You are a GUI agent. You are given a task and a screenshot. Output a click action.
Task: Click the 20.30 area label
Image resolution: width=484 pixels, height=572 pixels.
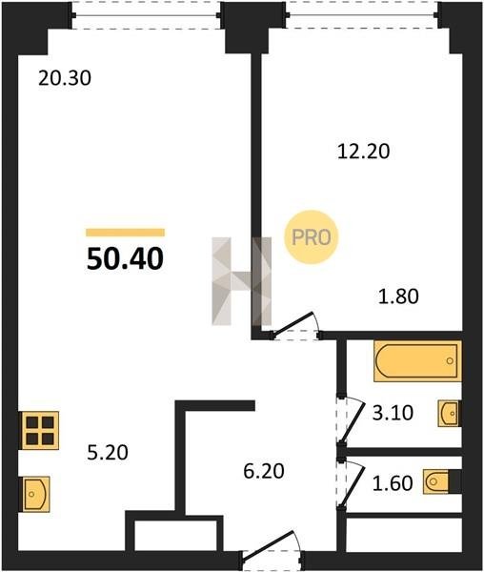(x=65, y=78)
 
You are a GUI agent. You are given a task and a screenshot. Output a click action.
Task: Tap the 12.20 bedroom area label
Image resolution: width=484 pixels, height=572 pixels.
(x=363, y=152)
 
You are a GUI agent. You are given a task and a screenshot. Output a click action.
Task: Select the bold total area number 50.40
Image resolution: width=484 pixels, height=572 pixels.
(x=125, y=258)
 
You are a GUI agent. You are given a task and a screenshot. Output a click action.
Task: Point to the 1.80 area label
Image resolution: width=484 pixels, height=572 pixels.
(x=398, y=296)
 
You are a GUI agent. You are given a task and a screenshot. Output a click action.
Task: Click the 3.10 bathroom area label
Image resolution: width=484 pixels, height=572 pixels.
(x=393, y=414)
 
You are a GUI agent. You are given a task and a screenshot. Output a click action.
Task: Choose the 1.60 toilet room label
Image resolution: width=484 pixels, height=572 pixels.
(x=393, y=483)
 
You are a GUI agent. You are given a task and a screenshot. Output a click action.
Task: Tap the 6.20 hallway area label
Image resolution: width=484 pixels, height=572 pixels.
(x=264, y=471)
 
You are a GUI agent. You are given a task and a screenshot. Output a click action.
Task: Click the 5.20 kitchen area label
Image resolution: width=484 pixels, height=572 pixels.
(x=108, y=453)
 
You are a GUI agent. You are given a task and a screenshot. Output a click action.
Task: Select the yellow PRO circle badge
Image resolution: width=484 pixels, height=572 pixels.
(x=312, y=237)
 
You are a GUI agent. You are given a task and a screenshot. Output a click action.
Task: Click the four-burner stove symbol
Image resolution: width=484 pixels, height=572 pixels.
(x=39, y=431)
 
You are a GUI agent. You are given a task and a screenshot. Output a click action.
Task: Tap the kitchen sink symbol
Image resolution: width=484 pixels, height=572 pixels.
(x=34, y=494)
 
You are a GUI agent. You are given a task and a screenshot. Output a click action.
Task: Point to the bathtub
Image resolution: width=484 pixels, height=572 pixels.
(x=417, y=361)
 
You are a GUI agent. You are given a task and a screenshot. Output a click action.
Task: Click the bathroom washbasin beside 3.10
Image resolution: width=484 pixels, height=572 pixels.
(x=450, y=414)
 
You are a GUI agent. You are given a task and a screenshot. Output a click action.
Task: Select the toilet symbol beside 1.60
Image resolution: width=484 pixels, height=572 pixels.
(x=441, y=481)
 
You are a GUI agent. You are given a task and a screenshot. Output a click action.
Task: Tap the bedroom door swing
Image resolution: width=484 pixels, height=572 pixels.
(x=294, y=326)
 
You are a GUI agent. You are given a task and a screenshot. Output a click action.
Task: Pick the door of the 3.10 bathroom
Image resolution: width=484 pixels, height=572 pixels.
(x=351, y=421)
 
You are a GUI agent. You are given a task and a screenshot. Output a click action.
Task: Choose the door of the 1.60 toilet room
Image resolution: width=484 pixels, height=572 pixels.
(x=351, y=484)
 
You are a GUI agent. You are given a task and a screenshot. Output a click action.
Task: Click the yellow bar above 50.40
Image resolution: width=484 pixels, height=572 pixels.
(x=126, y=233)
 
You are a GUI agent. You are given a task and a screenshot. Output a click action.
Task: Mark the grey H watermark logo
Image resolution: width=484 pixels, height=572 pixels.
(x=242, y=281)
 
